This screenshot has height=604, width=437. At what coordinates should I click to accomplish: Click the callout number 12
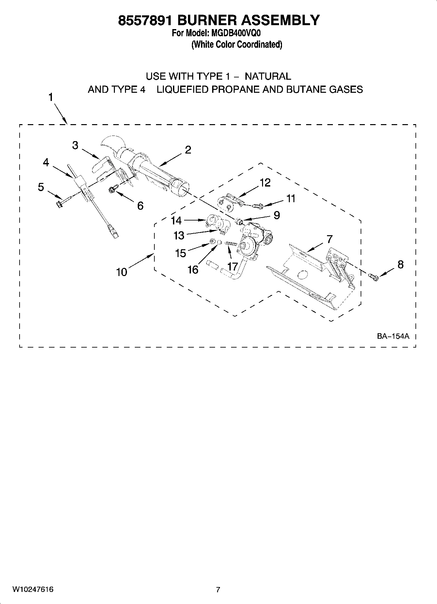(265, 183)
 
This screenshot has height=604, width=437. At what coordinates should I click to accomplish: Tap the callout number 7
(329, 239)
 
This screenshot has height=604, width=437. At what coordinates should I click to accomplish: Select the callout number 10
(122, 272)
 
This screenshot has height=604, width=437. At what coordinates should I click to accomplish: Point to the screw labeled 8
(374, 277)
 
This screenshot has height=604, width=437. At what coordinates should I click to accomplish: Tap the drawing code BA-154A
(393, 336)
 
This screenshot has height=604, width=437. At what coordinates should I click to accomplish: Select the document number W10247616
(33, 589)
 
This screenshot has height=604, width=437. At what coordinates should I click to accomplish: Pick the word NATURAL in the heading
(268, 76)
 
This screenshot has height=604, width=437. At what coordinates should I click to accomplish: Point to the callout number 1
(51, 97)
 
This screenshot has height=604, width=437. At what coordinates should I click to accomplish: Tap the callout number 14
(176, 220)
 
